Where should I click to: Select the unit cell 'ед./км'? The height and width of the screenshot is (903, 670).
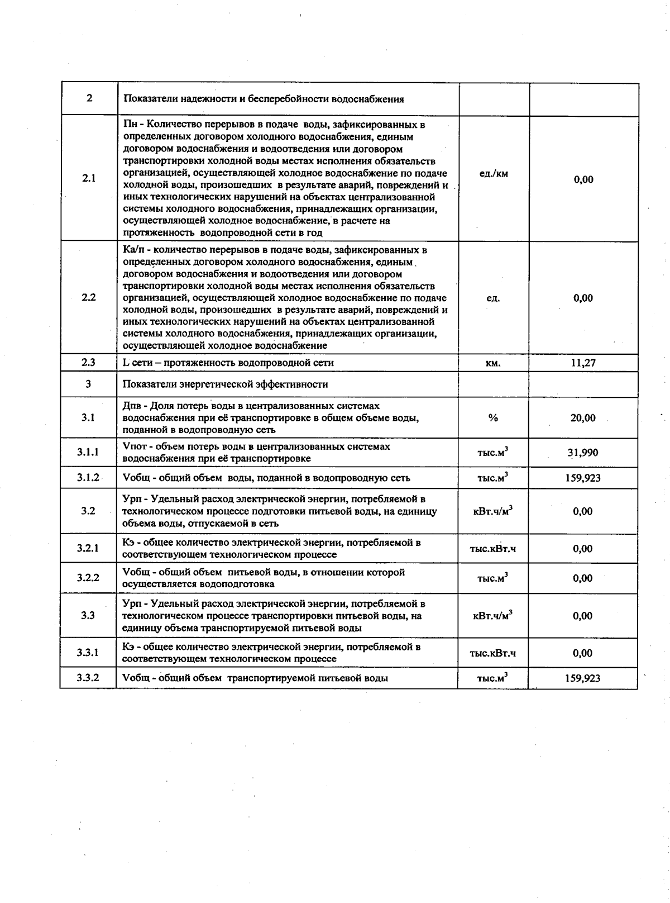pos(494,173)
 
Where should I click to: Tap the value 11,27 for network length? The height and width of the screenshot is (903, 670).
pos(583,363)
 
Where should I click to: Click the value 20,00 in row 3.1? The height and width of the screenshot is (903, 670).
pos(583,418)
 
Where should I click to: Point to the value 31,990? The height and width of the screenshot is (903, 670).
pos(583,453)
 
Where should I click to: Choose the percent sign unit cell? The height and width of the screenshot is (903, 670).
pos(493,418)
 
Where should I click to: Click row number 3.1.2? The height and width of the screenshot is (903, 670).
pos(88,477)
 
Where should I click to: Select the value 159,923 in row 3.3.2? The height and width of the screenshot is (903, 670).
pos(583,678)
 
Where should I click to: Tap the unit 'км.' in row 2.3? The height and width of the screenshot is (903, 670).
pos(493,363)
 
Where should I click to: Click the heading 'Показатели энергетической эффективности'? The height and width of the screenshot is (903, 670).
pos(225,384)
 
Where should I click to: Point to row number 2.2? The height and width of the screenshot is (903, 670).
pos(89,297)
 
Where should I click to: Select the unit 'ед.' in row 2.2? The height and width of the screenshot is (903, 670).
pos(493,298)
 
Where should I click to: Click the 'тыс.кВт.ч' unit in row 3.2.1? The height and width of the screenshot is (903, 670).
pos(493,549)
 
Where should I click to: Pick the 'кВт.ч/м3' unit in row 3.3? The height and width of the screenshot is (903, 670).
pos(493,616)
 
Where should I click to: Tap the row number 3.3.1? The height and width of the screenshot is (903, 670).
pos(88,652)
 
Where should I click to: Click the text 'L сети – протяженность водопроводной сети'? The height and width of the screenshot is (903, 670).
pos(228,363)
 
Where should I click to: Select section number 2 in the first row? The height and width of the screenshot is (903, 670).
pos(89,98)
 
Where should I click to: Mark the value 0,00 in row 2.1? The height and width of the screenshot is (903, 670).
pos(583,179)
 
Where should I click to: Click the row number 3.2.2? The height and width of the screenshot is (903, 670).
pos(88,577)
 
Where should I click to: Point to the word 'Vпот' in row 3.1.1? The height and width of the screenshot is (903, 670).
pos(133,446)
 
